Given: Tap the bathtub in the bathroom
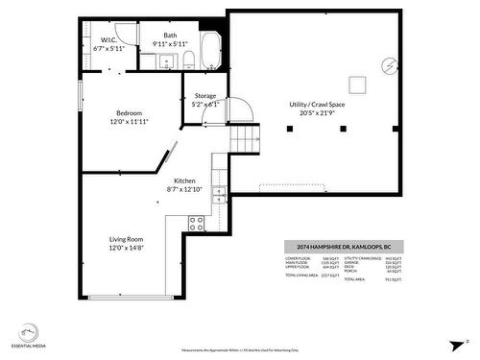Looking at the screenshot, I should [x=210, y=50].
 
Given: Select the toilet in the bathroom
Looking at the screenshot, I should [x=189, y=60].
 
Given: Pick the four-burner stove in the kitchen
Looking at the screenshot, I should [x=196, y=224].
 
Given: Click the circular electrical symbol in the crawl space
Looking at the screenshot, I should [x=389, y=65].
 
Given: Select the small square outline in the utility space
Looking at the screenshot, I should [x=357, y=84].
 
